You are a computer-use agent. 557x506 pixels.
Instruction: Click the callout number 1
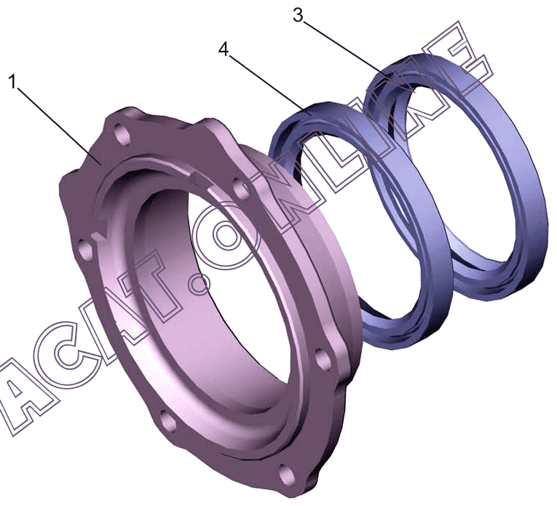point(13,82)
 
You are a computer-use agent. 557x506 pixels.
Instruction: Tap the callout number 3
point(298,15)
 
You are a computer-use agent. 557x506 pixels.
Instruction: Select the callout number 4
point(224,49)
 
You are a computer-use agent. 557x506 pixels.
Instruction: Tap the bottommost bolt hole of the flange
point(286,473)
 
